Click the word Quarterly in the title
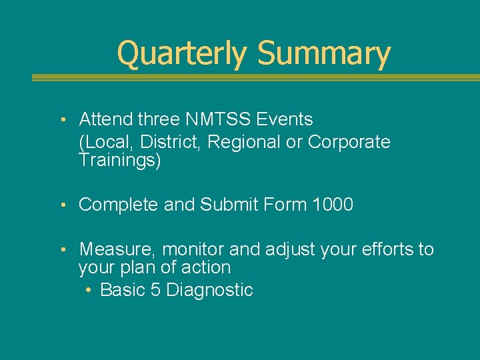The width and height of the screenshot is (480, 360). tap(181, 54)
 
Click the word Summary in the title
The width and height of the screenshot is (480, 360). tap(323, 54)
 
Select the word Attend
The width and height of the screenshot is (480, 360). tap(106, 120)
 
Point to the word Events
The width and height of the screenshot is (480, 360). tap(287, 120)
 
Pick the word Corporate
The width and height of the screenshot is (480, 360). tap(349, 142)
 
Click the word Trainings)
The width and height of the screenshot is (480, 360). tap(120, 161)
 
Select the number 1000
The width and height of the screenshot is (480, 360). tap(332, 205)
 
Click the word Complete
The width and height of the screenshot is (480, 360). tap(119, 205)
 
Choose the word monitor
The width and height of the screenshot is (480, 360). tap(193, 250)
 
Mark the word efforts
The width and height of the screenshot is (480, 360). tap(383, 250)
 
